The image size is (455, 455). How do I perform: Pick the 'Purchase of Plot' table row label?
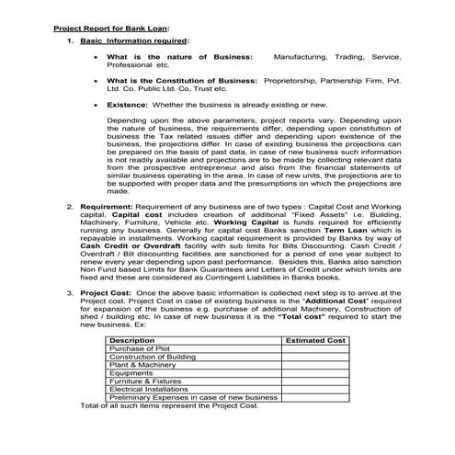165,349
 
